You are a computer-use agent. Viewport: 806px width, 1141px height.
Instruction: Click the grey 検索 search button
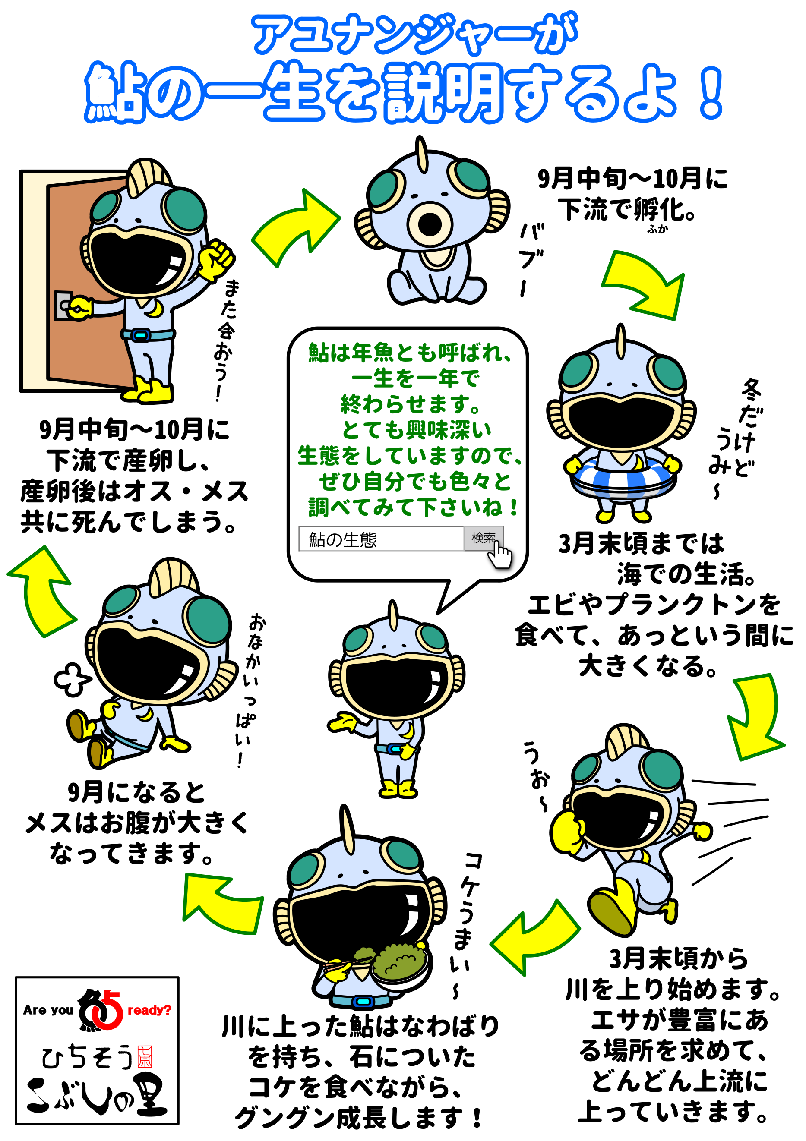click(x=482, y=538)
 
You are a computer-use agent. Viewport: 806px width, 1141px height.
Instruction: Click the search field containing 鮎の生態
click(x=381, y=539)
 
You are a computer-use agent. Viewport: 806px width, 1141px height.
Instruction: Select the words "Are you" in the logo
click(x=48, y=1010)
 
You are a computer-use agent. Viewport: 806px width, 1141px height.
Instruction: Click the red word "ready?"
click(x=149, y=1010)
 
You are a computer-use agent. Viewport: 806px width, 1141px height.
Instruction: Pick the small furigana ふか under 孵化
click(x=657, y=229)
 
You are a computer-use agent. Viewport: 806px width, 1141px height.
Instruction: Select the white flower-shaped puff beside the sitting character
click(x=72, y=679)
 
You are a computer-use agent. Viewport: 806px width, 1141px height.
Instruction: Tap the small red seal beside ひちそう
click(x=145, y=1057)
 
